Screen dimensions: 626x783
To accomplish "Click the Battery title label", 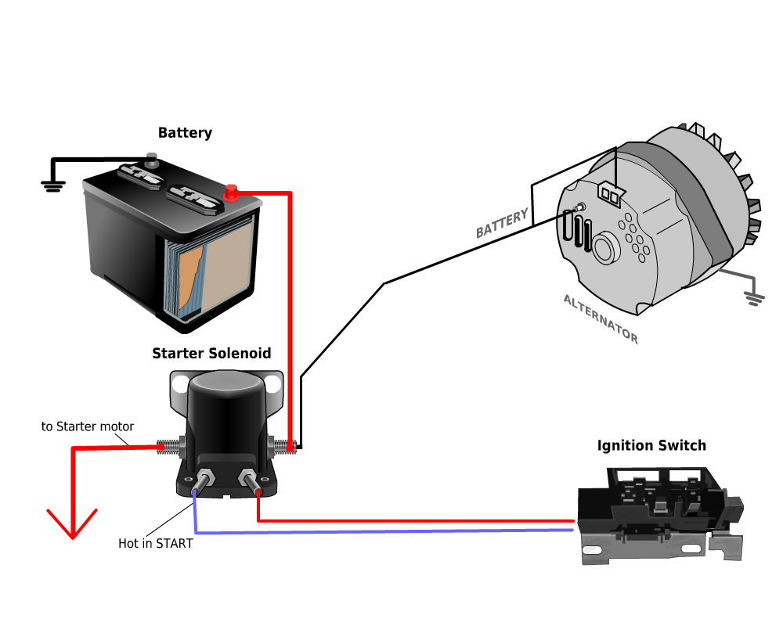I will click(x=185, y=133).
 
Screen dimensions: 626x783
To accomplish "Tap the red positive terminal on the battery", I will click(x=231, y=192).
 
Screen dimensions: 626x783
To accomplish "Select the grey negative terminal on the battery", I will click(x=151, y=163).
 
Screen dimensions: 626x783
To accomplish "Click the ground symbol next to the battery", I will click(x=52, y=185).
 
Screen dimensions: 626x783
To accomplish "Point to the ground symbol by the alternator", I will click(x=754, y=299).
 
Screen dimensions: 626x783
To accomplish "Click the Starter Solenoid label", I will click(x=211, y=354).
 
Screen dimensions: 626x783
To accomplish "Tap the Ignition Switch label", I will click(x=651, y=446).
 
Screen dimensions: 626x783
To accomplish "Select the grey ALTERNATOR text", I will click(x=601, y=319).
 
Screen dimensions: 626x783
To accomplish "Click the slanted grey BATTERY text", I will click(x=502, y=225).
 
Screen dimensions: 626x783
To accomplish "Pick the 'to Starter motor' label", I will click(x=88, y=427).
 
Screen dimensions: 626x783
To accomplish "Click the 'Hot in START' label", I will click(x=155, y=543).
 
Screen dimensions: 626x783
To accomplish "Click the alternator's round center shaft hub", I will click(x=605, y=249).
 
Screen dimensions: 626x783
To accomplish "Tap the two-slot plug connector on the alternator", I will click(x=611, y=195).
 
